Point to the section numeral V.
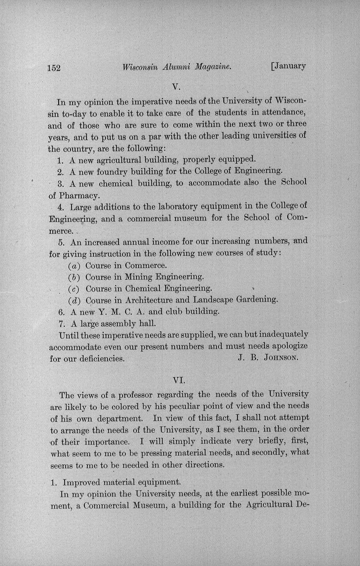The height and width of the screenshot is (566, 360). tap(177, 87)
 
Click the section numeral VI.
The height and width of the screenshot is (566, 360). tap(180, 380)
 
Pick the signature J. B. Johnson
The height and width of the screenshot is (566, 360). tap(268, 357)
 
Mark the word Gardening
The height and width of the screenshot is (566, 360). tap(257, 299)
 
